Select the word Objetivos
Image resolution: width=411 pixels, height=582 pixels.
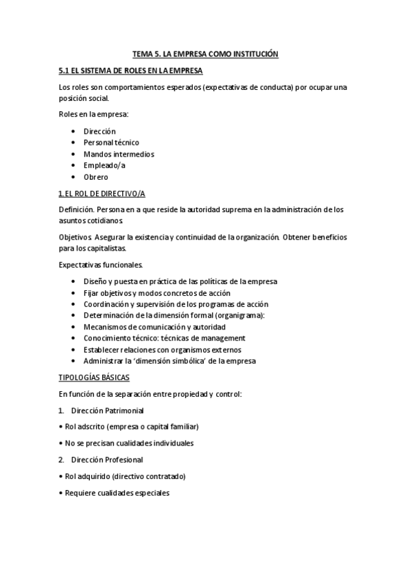(75, 237)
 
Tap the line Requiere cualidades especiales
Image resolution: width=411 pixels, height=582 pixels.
(116, 493)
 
